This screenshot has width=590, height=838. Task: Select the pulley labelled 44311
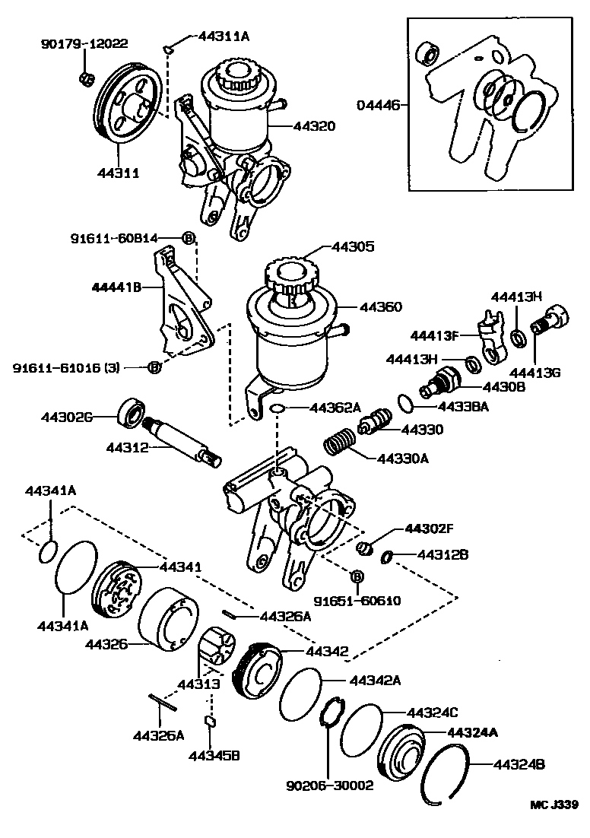pos(127,104)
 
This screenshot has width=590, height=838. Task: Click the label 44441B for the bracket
pos(118,287)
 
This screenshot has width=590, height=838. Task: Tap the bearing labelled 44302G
pos(132,413)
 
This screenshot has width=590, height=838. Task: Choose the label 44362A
pos(335,408)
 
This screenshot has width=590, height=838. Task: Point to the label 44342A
pos(374,680)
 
